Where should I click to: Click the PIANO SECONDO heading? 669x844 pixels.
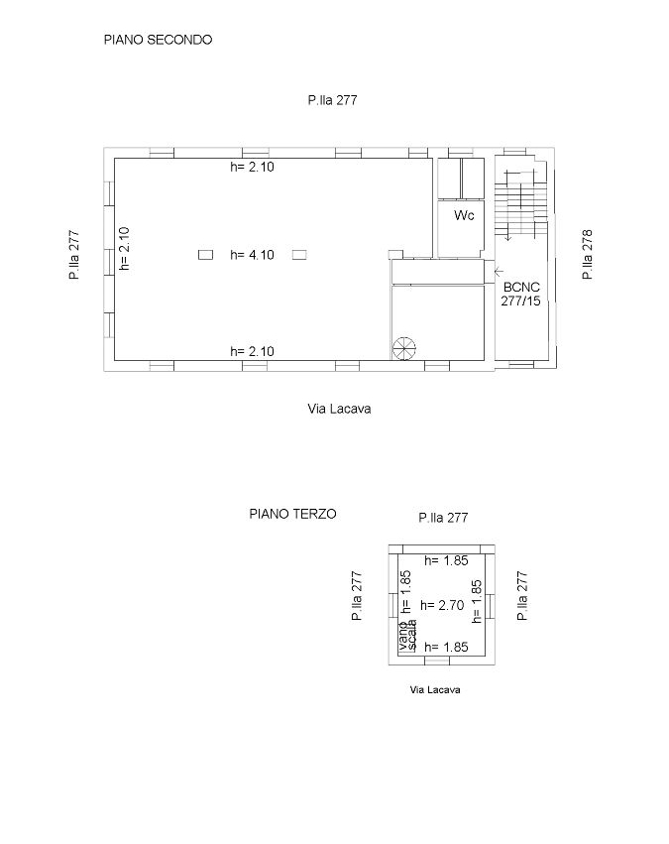[x=159, y=40]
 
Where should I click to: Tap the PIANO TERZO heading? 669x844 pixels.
[x=292, y=514]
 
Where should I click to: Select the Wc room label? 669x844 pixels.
[x=464, y=215]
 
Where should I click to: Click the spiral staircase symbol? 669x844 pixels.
[x=404, y=348]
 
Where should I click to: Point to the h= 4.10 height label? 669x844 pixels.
[x=252, y=255]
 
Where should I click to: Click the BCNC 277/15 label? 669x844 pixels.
[x=521, y=294]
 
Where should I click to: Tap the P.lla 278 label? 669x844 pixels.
[x=587, y=254]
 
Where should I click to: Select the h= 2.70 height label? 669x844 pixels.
[x=442, y=605]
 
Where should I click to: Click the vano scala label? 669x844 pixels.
[x=407, y=635]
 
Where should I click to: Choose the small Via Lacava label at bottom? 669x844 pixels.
[x=435, y=689]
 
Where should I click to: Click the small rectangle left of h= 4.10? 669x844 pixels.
[x=205, y=255]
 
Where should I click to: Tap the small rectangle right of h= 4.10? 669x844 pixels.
[x=299, y=255]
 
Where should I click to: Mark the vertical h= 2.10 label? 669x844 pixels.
[x=124, y=248]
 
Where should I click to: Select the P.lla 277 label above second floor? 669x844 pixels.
[x=332, y=100]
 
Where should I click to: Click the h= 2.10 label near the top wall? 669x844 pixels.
[x=252, y=167]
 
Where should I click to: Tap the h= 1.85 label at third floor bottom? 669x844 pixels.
[x=446, y=647]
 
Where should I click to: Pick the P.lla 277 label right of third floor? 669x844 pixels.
[x=522, y=595]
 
